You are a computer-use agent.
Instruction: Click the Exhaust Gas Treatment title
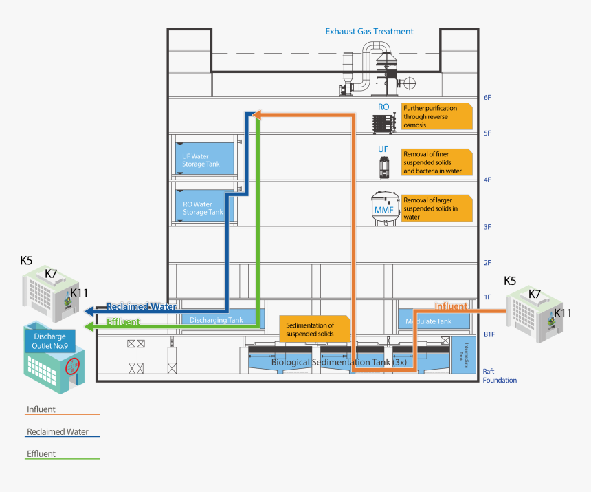(x=369, y=31)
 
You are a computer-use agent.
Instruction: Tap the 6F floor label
(x=487, y=98)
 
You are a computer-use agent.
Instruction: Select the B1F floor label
(x=489, y=335)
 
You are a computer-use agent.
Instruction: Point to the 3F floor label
(x=487, y=226)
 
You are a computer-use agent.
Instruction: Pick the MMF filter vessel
(x=383, y=208)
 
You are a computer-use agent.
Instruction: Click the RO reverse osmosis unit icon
(x=383, y=124)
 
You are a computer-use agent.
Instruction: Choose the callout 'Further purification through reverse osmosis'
(x=437, y=116)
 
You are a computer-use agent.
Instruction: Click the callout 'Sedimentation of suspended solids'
(x=314, y=330)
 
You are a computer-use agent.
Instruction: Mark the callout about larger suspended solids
(x=437, y=208)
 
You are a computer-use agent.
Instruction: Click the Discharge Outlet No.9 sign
(x=49, y=341)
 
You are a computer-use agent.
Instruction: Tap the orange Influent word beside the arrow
(x=451, y=306)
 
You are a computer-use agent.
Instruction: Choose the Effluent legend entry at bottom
(x=41, y=454)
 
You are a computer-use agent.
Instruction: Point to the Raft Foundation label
(x=499, y=375)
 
